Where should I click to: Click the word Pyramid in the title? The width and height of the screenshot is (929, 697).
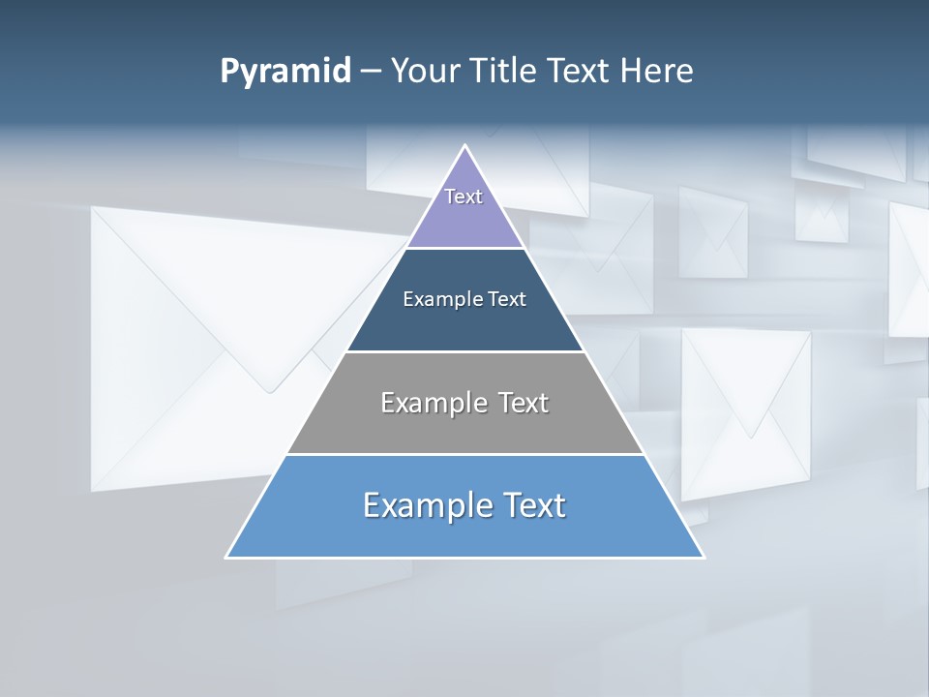[285, 72]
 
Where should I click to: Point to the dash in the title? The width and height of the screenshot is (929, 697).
[370, 72]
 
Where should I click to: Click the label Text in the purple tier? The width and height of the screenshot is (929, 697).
[464, 197]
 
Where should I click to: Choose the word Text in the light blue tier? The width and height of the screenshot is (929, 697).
[530, 505]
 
